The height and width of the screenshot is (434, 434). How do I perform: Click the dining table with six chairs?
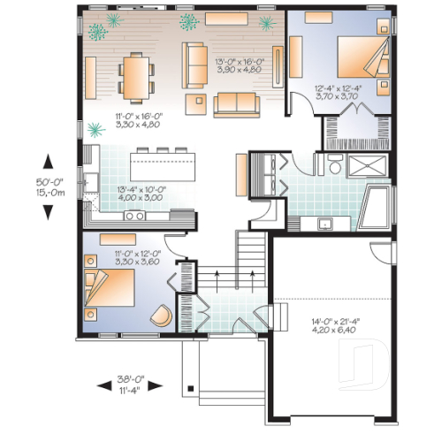click(135, 77)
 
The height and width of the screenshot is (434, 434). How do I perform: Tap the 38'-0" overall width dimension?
click(130, 386)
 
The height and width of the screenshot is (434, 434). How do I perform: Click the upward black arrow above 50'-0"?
click(48, 162)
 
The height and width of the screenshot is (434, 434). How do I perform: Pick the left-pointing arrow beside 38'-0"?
click(100, 386)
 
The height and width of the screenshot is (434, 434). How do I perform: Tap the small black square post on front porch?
click(190, 389)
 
